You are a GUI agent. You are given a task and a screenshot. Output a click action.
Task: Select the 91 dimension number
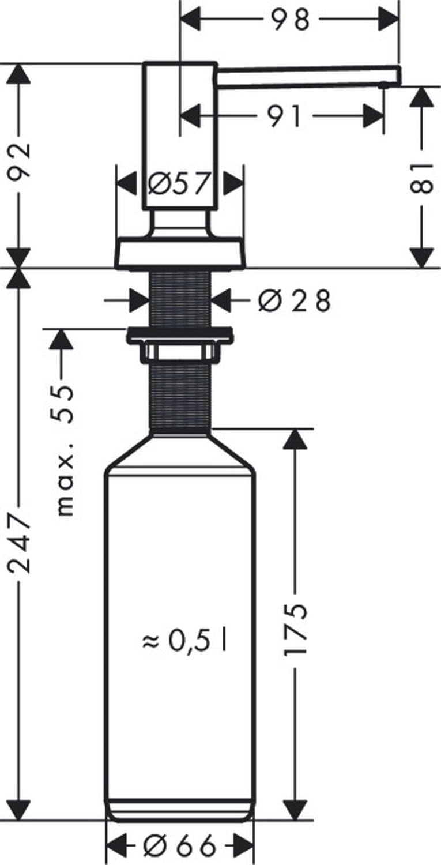(284, 116)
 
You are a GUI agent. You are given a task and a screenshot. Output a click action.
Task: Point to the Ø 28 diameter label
(294, 300)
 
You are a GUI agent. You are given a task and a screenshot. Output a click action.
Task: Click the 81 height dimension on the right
(423, 178)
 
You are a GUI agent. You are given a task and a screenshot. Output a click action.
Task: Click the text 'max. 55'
(65, 450)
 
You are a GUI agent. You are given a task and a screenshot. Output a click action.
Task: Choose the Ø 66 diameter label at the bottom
(180, 846)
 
